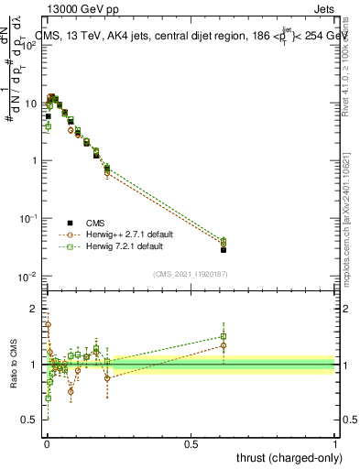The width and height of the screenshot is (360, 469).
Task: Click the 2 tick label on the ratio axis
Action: click(x=35, y=309)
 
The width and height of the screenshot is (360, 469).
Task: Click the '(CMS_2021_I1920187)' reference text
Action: click(x=191, y=274)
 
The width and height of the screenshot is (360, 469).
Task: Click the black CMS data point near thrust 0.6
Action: click(x=224, y=249)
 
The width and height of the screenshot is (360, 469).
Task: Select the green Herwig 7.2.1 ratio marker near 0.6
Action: click(x=224, y=336)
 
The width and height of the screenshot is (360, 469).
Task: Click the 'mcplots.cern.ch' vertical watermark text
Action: click(x=349, y=229)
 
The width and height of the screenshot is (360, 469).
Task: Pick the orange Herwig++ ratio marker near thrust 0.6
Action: click(x=224, y=345)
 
